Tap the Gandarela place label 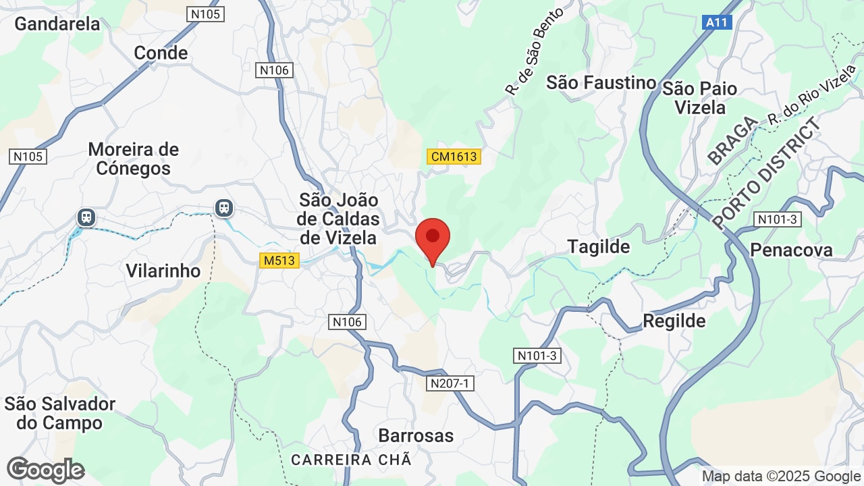[x=57, y=24]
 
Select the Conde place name [x=161, y=53]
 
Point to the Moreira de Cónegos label [x=134, y=159]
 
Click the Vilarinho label [x=163, y=271]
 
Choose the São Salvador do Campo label [x=60, y=413]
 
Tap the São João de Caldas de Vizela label [x=339, y=219]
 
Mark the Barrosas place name [x=416, y=435]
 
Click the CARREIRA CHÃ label [x=351, y=460]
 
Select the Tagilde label [x=599, y=246]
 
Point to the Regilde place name [x=674, y=321]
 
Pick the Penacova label [x=792, y=250]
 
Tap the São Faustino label [x=601, y=82]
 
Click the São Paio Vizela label [x=699, y=98]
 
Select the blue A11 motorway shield [x=717, y=22]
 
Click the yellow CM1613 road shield [x=454, y=157]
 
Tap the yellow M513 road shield [x=279, y=260]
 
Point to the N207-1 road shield [x=452, y=383]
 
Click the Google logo [x=46, y=470]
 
